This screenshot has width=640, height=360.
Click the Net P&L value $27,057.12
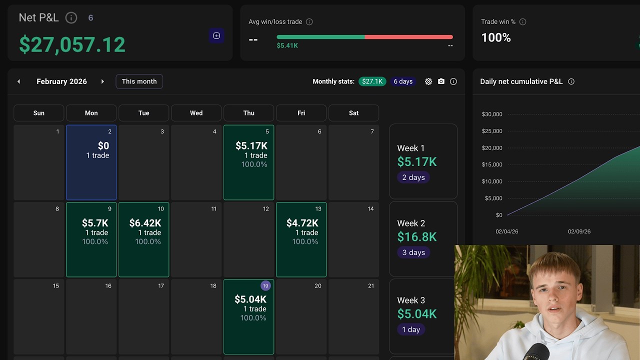click(x=72, y=44)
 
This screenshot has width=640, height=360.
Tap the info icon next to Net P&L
click(x=71, y=18)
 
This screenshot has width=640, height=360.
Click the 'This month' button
click(x=139, y=81)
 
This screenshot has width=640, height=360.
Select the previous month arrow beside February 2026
click(x=19, y=81)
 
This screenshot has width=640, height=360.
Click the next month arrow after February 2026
click(x=102, y=81)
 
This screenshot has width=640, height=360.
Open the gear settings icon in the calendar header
click(x=428, y=81)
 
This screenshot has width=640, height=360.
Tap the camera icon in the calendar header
click(x=441, y=81)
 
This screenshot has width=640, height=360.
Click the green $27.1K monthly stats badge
click(x=372, y=81)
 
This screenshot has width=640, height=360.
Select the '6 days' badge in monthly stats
click(x=403, y=81)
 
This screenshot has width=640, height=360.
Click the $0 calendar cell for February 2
click(x=91, y=162)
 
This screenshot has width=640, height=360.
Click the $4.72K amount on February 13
click(x=302, y=223)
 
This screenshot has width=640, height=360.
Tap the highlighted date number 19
click(x=265, y=286)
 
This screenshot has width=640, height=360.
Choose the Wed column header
click(x=196, y=113)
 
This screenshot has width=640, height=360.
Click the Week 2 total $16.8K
click(x=417, y=237)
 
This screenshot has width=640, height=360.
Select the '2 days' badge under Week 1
click(x=413, y=177)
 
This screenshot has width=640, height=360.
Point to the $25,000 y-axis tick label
click(x=492, y=131)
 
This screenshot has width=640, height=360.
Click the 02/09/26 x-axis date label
click(x=579, y=231)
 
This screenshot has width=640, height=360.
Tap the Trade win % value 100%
click(x=496, y=38)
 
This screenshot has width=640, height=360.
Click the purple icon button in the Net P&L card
click(x=216, y=35)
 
